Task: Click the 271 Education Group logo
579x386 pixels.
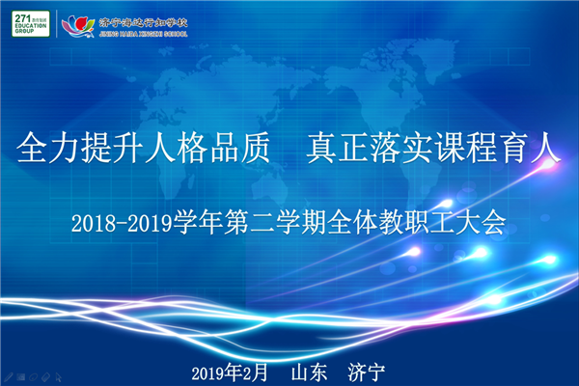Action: [x=31, y=23]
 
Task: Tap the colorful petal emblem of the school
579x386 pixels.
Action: [x=78, y=26]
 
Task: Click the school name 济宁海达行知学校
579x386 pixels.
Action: [x=143, y=23]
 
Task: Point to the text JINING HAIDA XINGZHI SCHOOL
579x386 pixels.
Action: [x=143, y=34]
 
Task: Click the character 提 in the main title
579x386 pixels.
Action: [x=97, y=148]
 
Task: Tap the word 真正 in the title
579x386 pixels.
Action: [x=338, y=148]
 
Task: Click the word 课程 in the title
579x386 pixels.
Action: [x=466, y=148]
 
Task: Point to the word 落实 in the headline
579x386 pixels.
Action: [x=401, y=148]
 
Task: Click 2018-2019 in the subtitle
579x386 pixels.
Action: [x=123, y=223]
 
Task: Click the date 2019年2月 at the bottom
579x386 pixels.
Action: [x=230, y=372]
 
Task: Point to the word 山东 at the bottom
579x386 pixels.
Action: [x=309, y=372]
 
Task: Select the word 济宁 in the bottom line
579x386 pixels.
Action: [x=366, y=372]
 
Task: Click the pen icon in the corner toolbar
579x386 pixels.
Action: [x=9, y=377]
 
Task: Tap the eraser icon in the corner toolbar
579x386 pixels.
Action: [x=45, y=377]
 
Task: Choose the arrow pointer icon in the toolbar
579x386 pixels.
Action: [x=58, y=377]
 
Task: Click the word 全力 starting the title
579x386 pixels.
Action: [x=49, y=148]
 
